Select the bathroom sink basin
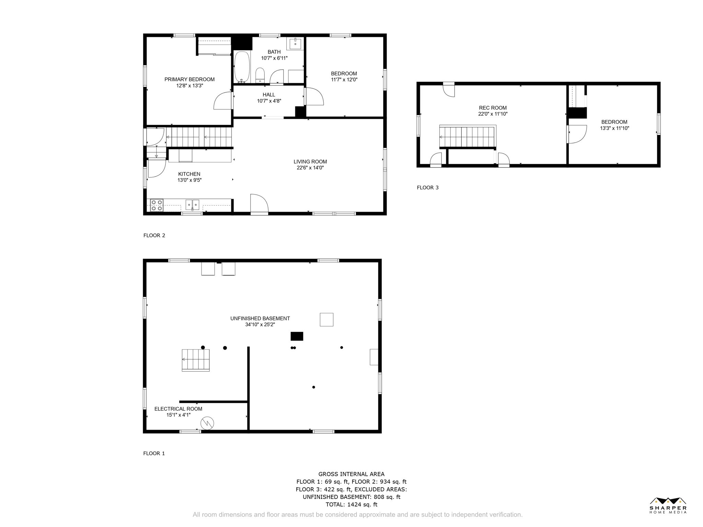(x=295, y=44)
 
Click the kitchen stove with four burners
(x=157, y=205)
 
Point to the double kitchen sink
(x=192, y=205)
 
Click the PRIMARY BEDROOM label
(x=189, y=79)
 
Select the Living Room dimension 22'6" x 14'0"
(x=310, y=168)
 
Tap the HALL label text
(x=269, y=95)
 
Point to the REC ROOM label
(x=493, y=108)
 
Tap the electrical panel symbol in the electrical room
(x=207, y=423)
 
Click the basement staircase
(x=196, y=360)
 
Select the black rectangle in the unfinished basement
(x=297, y=336)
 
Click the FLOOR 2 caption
(x=154, y=235)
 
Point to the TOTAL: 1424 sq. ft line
(x=351, y=504)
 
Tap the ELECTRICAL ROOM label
(x=178, y=409)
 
